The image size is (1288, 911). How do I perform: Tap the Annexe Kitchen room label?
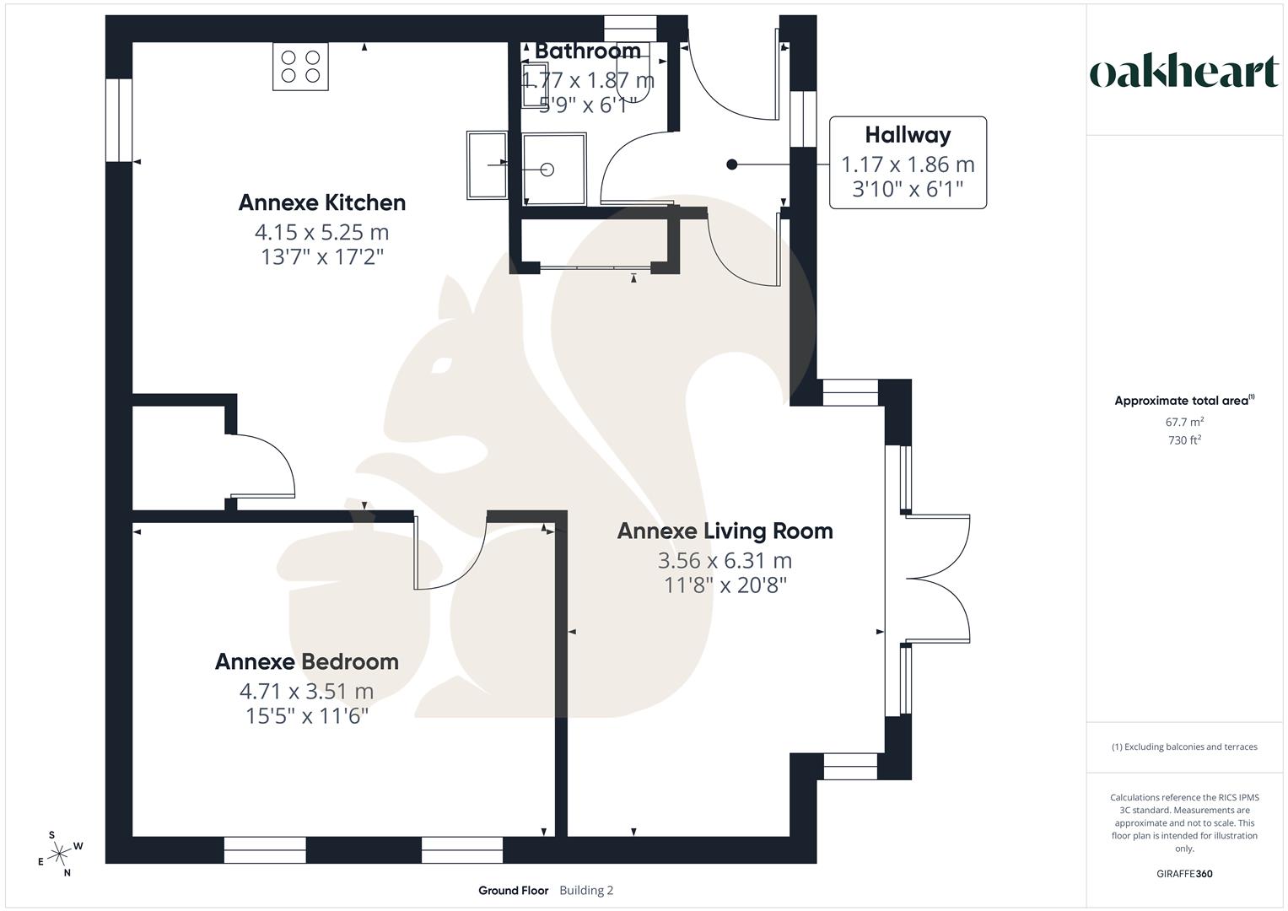[322, 202]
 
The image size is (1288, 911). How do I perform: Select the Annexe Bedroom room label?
[306, 661]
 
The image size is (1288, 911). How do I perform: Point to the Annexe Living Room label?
[725, 531]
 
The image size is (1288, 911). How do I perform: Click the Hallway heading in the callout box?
[908, 135]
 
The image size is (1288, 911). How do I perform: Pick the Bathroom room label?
[588, 51]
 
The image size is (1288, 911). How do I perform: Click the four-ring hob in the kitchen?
[301, 66]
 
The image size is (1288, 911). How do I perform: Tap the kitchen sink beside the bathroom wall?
[487, 165]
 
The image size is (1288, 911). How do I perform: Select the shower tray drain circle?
[547, 170]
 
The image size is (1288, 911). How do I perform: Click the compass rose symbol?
[60, 854]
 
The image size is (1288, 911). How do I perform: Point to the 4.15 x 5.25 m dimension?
[322, 232]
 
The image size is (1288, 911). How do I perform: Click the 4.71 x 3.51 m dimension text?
[306, 691]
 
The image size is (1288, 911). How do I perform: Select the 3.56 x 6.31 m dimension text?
[725, 560]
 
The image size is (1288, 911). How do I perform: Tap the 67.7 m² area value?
[1184, 422]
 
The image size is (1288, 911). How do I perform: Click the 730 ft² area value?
[1184, 440]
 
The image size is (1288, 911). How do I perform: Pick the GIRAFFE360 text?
[1184, 874]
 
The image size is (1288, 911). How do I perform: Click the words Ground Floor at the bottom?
[514, 890]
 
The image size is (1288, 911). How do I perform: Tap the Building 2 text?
[586, 890]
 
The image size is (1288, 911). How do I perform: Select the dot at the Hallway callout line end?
[732, 164]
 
